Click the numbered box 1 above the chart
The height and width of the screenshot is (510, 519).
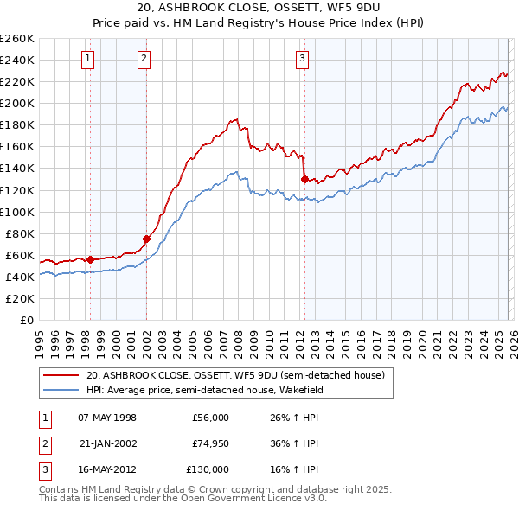pos(89,59)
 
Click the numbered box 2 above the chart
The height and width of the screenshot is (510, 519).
pos(144,59)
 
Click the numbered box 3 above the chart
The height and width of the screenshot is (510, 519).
pos(302,59)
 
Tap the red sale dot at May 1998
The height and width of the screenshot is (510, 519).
pos(90,258)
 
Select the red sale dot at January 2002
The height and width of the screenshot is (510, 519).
pos(146,239)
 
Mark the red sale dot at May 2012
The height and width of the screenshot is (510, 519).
pos(304,179)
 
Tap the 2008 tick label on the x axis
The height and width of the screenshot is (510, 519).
pos(238,338)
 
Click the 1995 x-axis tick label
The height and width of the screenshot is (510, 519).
pos(40,338)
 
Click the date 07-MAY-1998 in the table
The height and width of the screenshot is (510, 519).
pos(107,418)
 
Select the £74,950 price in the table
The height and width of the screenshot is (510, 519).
pos(210,443)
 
